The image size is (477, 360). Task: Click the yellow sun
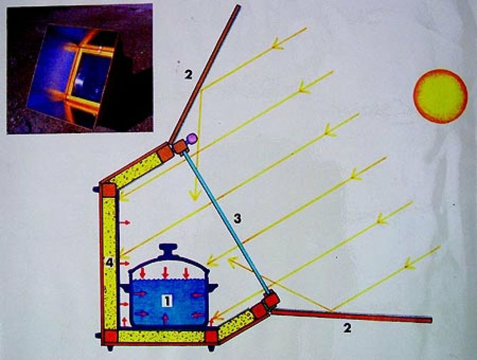tap(440, 96)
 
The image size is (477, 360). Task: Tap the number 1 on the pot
tap(167, 301)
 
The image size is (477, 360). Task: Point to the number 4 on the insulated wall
tap(110, 261)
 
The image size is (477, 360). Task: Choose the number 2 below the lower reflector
tap(347, 328)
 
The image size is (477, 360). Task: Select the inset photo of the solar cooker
tap(79, 68)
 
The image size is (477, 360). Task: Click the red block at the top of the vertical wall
tap(109, 190)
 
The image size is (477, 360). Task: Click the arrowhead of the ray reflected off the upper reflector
tap(195, 196)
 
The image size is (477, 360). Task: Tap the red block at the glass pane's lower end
tap(271, 301)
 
